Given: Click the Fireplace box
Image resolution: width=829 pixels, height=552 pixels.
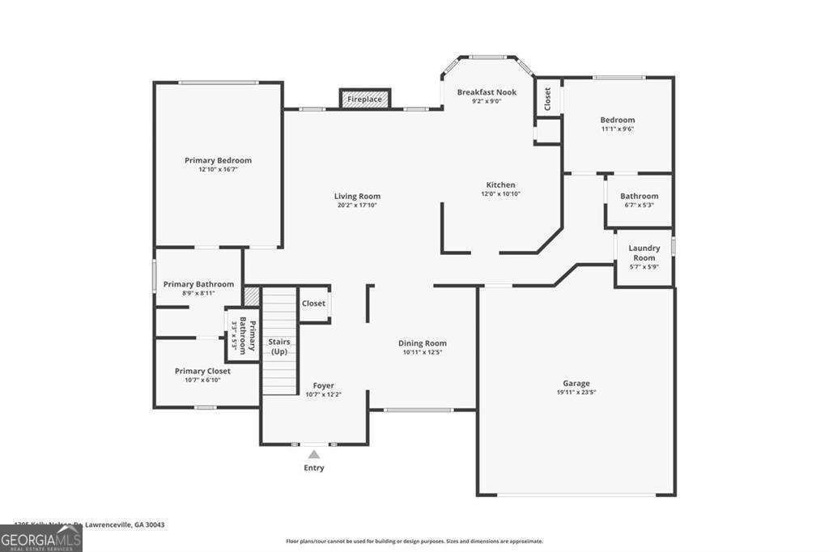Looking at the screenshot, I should pyautogui.click(x=364, y=99).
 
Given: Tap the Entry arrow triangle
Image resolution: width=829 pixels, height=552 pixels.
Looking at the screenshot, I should pyautogui.click(x=313, y=455).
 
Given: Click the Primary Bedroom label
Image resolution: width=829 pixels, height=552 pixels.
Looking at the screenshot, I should pyautogui.click(x=218, y=160).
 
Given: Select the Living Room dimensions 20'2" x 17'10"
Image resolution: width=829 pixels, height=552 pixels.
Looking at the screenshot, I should pyautogui.click(x=357, y=206).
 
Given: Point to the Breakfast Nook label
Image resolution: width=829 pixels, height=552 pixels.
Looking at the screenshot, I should pyautogui.click(x=486, y=92).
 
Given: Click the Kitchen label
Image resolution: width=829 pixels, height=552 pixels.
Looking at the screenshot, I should pyautogui.click(x=500, y=185).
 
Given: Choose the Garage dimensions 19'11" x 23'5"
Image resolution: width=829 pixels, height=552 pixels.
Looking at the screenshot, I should pyautogui.click(x=576, y=393).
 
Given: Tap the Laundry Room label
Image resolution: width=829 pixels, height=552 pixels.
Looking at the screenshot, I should pyautogui.click(x=644, y=253).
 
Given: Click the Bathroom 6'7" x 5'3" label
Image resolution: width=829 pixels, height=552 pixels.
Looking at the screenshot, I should pyautogui.click(x=639, y=196).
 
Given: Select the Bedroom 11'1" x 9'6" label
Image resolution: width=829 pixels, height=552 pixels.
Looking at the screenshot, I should pyautogui.click(x=617, y=120).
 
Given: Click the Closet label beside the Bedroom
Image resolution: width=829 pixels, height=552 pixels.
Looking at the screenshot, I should pyautogui.click(x=547, y=99).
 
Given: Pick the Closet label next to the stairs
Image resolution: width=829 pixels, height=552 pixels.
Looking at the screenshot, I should pyautogui.click(x=313, y=304).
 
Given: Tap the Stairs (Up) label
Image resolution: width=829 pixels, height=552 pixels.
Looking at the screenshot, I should pyautogui.click(x=279, y=346).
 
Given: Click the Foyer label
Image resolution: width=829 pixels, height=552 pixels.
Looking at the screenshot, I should pyautogui.click(x=323, y=385).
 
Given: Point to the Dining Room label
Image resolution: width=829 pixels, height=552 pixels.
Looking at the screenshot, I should pyautogui.click(x=422, y=343).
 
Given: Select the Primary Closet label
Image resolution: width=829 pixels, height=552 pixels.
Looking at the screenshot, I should pyautogui.click(x=202, y=371).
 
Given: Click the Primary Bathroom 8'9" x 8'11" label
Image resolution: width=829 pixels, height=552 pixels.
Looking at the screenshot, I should pyautogui.click(x=198, y=284).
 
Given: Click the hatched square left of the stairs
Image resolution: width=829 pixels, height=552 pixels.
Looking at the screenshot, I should pyautogui.click(x=251, y=296).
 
